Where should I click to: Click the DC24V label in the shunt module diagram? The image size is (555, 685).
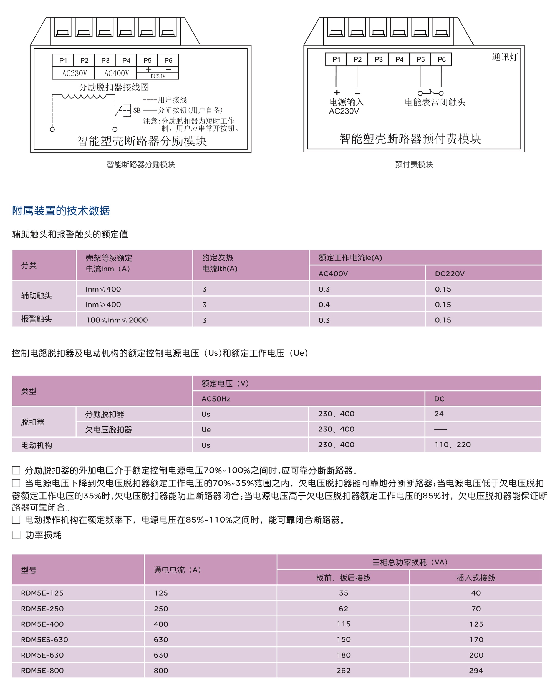coord(158,76)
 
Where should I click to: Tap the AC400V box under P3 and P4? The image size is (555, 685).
coord(116,73)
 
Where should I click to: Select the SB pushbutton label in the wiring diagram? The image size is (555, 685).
coord(137,111)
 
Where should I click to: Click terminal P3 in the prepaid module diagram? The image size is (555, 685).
coord(378,59)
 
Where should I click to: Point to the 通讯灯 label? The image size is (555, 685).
coord(504,57)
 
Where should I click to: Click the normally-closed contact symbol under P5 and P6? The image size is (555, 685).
coord(431,93)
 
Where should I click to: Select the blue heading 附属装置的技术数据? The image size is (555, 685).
coord(61,211)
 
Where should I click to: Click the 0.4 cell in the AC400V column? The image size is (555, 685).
coord(324,305)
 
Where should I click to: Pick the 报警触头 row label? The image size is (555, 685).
coord(36,319)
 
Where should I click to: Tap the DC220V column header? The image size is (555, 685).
coord(450,274)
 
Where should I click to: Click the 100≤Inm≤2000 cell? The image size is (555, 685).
coord(117,320)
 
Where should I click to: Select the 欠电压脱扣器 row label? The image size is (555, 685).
coord(109,430)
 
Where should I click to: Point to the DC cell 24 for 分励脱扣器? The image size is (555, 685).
coord(439,414)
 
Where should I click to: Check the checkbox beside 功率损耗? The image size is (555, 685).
coord(16,535)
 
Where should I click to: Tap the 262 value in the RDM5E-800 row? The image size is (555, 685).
coord(343,670)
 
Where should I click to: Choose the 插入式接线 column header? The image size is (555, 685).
coord(476,578)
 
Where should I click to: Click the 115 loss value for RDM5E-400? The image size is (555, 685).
coord(343,624)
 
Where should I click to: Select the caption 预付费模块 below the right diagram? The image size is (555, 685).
coord(414,164)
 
